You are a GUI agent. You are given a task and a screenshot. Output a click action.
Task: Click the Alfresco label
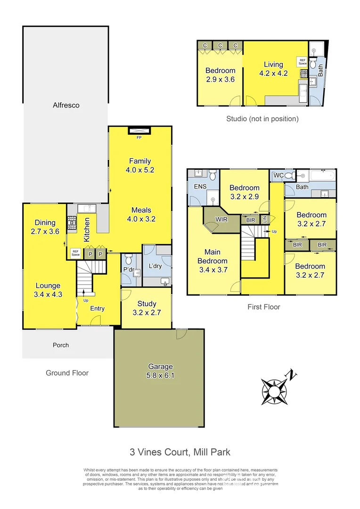tap(66, 105)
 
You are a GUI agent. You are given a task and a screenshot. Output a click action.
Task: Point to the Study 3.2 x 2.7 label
tap(147, 308)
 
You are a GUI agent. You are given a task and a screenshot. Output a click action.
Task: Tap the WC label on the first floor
tap(278, 176)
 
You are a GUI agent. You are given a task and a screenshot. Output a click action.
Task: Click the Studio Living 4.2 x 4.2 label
tap(273, 69)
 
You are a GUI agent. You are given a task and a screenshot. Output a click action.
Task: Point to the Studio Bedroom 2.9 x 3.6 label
tap(220, 75)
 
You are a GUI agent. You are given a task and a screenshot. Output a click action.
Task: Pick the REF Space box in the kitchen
tap(75, 253)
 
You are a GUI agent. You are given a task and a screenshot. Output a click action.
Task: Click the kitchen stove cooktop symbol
tap(72, 223)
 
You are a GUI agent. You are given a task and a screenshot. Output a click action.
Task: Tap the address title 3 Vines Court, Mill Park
tap(180, 452)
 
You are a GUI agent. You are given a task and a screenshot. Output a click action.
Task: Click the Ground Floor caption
tap(67, 373)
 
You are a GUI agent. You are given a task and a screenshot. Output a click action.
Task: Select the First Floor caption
tap(264, 307)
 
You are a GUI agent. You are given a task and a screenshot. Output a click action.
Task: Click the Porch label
tap(60, 345)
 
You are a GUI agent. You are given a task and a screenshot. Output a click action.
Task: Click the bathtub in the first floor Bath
tap(322, 176)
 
